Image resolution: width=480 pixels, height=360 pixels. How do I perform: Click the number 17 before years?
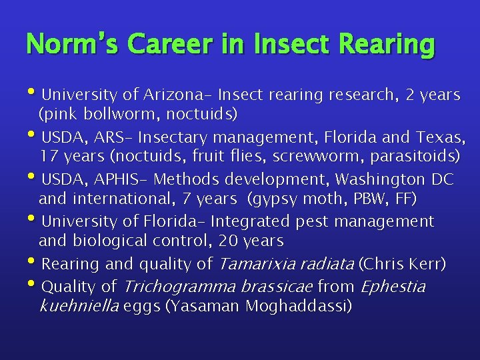click(48, 157)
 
